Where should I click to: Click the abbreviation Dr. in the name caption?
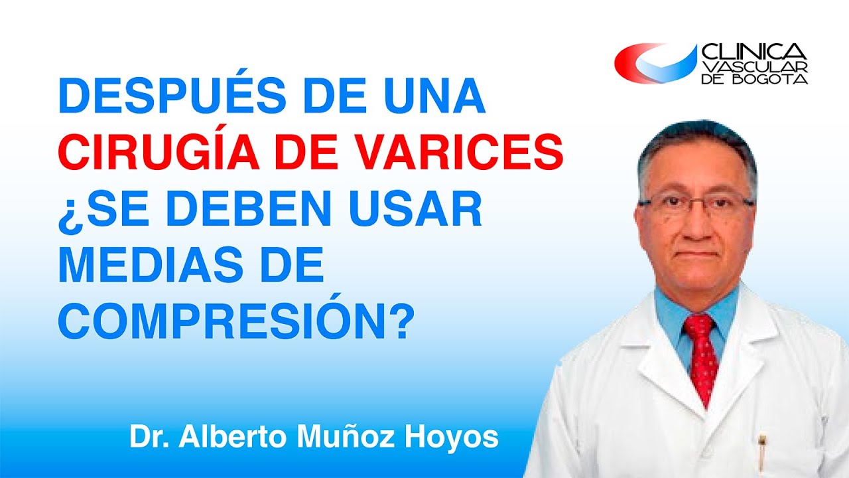[x=146, y=439]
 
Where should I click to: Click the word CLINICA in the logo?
[x=753, y=52]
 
